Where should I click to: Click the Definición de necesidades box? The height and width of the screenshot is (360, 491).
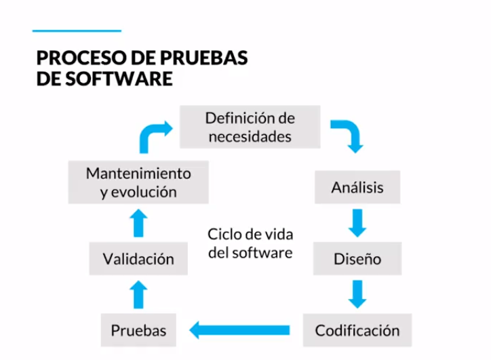(x=250, y=127)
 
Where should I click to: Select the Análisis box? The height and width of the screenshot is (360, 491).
(x=357, y=188)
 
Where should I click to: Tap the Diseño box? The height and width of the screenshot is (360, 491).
(x=357, y=259)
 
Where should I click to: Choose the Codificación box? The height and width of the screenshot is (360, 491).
(x=357, y=331)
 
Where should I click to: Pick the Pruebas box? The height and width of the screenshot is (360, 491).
(x=138, y=331)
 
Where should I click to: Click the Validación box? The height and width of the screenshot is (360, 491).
(x=138, y=259)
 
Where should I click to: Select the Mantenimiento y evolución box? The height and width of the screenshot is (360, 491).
(x=138, y=182)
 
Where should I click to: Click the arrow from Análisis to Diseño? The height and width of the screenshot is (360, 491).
(x=357, y=223)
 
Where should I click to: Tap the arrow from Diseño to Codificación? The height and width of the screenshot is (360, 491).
(x=357, y=294)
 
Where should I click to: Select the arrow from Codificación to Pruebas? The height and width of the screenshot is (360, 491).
(x=241, y=331)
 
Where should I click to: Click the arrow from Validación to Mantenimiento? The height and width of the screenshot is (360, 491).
(x=138, y=222)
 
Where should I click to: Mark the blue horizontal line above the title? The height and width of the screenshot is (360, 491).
(x=77, y=31)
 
